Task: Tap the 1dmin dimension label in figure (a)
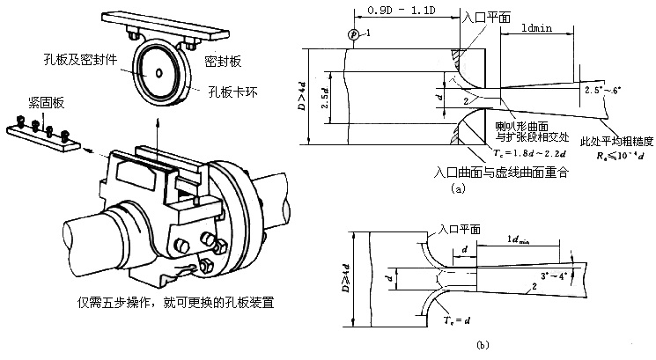click(535, 29)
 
